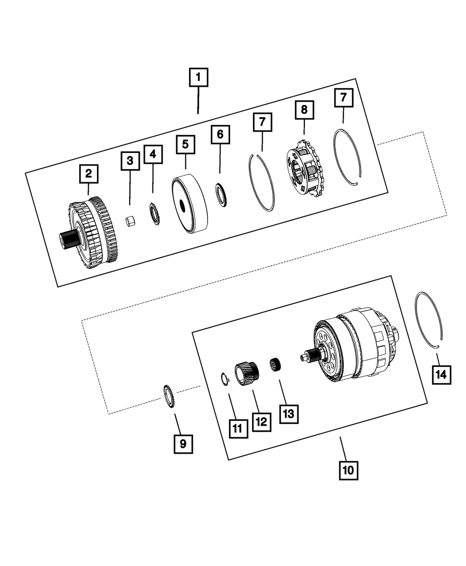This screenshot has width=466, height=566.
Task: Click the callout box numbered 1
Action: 199,78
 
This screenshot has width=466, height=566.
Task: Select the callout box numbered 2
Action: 88,174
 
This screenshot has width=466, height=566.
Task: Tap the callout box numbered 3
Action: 130,161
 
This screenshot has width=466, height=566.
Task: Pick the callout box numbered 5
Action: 185,145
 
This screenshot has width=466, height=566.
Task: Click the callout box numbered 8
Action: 304,110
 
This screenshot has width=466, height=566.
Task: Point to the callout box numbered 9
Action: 183,444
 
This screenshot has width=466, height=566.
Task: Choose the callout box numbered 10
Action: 349,470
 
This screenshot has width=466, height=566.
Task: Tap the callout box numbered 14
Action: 441,374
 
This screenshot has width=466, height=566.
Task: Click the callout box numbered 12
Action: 261,421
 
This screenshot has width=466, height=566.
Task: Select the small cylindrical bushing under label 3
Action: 130,221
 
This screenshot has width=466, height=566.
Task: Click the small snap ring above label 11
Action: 224,379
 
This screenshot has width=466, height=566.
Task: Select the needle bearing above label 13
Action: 278,364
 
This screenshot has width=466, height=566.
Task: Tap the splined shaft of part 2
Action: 67,240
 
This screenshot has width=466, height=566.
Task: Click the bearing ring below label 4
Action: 153,213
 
